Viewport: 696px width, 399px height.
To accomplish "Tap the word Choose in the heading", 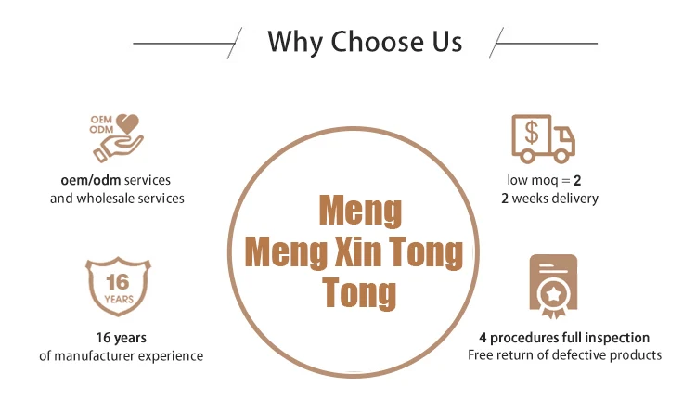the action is pos(378,42).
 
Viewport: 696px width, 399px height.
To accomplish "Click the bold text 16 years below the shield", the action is pos(121,338).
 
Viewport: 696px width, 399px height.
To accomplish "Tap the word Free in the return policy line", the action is pos(482,355).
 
